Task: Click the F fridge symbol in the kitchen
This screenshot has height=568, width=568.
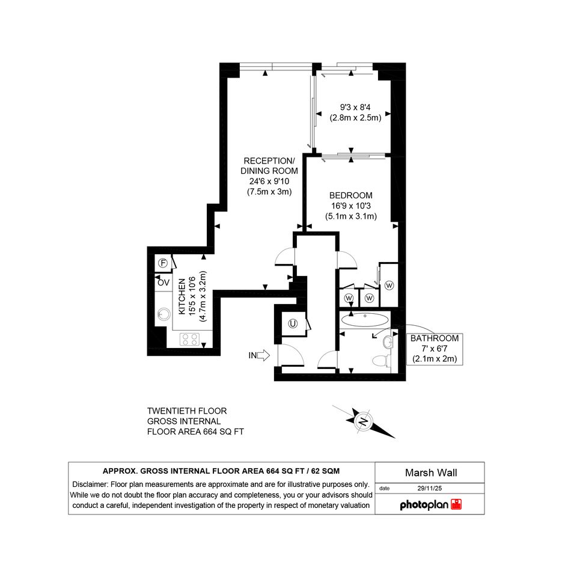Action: [163, 263]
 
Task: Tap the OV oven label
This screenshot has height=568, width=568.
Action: [163, 282]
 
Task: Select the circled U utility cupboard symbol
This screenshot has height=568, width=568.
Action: [293, 323]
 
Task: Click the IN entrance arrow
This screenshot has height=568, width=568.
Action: [263, 355]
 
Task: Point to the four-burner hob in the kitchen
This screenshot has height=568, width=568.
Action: [190, 340]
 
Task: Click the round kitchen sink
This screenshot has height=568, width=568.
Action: [164, 314]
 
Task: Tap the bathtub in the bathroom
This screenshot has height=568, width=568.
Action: [365, 320]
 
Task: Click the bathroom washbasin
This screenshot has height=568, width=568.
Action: [388, 342]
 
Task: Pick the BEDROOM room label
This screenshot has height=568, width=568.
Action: [350, 195]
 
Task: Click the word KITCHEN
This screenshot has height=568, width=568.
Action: [182, 296]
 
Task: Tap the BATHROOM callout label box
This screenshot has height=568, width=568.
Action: [435, 349]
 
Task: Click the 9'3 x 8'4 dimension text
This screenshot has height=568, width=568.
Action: [355, 107]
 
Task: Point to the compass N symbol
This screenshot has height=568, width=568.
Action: [362, 421]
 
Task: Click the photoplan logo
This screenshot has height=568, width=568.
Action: [431, 505]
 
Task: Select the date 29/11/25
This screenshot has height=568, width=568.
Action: [430, 488]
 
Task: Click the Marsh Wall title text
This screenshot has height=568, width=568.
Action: [431, 472]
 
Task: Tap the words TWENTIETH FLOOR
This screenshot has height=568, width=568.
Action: [187, 411]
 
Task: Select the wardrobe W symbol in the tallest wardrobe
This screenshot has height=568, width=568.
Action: [389, 286]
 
